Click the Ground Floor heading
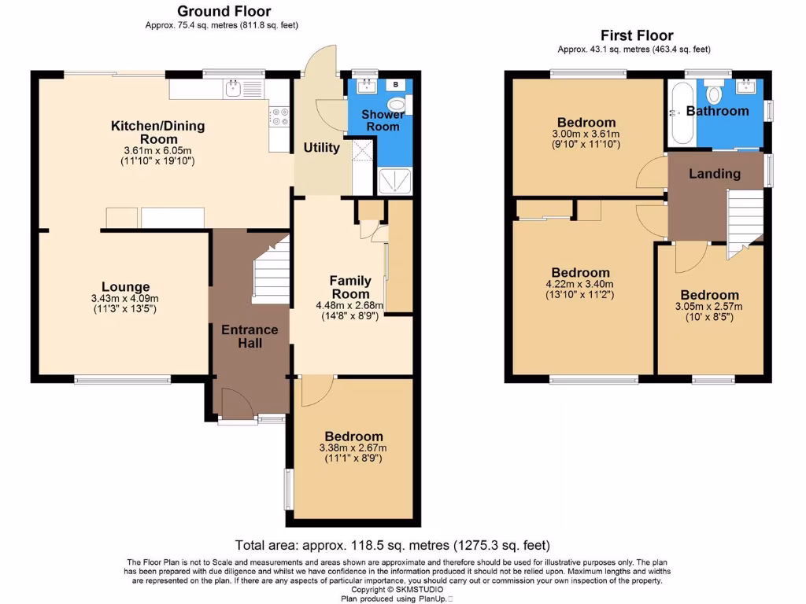[x=224, y=11]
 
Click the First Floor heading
[x=637, y=35]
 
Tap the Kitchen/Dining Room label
[x=157, y=132]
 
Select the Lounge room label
[x=125, y=287]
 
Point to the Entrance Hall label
[x=250, y=336]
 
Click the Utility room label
[x=321, y=148]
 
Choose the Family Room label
[x=349, y=287]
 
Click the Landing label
[x=715, y=174]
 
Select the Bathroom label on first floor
[x=716, y=111]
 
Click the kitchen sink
[x=233, y=89]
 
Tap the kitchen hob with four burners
[x=279, y=116]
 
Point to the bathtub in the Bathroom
[x=681, y=115]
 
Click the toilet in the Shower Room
[x=398, y=104]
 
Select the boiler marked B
[x=394, y=83]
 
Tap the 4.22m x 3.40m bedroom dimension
[x=581, y=285]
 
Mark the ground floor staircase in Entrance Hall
[x=271, y=272]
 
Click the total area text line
[x=392, y=545]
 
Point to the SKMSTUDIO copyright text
[x=397, y=590]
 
